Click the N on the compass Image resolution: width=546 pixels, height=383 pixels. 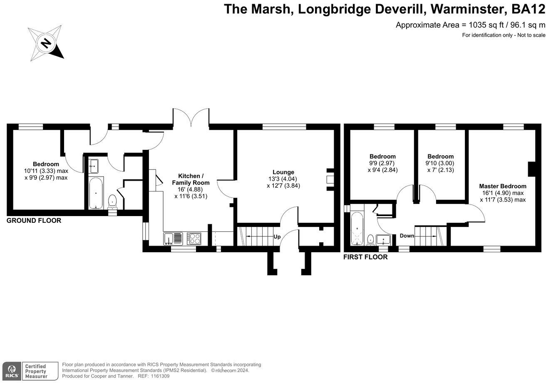46,44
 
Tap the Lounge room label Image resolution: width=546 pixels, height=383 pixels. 283,172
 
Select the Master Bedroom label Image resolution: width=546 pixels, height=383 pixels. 503,186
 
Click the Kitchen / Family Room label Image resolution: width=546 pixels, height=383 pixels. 191,179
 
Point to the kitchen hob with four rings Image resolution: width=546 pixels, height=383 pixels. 194,239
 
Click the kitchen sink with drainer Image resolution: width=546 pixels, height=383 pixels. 173,239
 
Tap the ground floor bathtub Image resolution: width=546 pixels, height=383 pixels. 96,193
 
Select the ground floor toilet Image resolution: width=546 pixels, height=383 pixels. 112,202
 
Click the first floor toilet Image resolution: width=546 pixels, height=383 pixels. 370,240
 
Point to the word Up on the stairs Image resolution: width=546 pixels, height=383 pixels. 277,236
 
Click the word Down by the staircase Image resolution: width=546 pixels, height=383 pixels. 407,236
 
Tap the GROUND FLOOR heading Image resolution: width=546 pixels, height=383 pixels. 34,221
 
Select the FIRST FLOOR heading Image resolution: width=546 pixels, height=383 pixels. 365,257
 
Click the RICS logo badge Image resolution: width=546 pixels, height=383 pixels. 12,371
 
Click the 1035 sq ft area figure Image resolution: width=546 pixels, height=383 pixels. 438,25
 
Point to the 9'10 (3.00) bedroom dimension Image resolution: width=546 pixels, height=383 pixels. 440,163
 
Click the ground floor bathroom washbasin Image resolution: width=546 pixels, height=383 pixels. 93,166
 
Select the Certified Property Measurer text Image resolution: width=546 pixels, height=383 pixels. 36,371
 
